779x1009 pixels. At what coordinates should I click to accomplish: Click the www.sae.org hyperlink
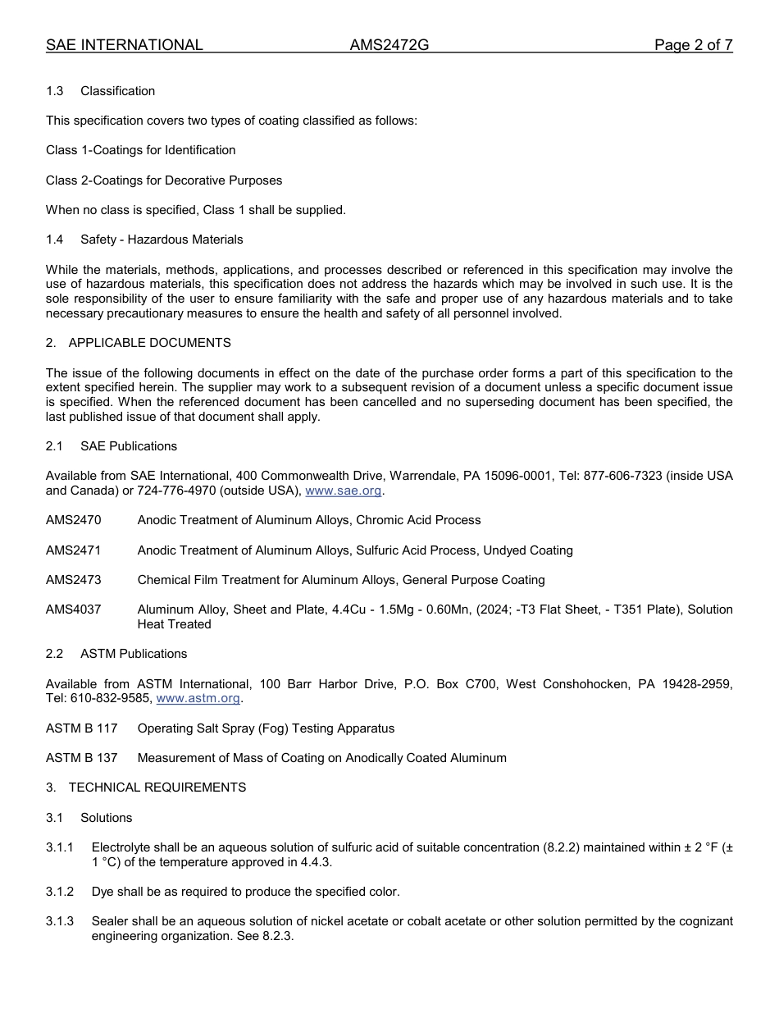[344, 491]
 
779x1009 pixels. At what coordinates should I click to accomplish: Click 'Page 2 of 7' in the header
[693, 45]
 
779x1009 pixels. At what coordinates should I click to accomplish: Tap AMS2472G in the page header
[389, 45]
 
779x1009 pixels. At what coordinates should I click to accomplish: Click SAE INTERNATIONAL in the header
[125, 45]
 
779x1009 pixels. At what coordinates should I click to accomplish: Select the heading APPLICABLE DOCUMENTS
[149, 343]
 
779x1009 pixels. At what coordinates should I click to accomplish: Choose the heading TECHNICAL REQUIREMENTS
[157, 788]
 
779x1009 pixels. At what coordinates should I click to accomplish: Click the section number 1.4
[55, 240]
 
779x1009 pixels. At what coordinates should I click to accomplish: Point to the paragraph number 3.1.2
[60, 892]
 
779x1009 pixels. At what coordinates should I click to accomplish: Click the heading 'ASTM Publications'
[134, 654]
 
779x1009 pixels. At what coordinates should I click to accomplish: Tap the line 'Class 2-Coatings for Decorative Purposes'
[164, 180]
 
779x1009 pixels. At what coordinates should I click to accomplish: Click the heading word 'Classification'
[117, 91]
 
